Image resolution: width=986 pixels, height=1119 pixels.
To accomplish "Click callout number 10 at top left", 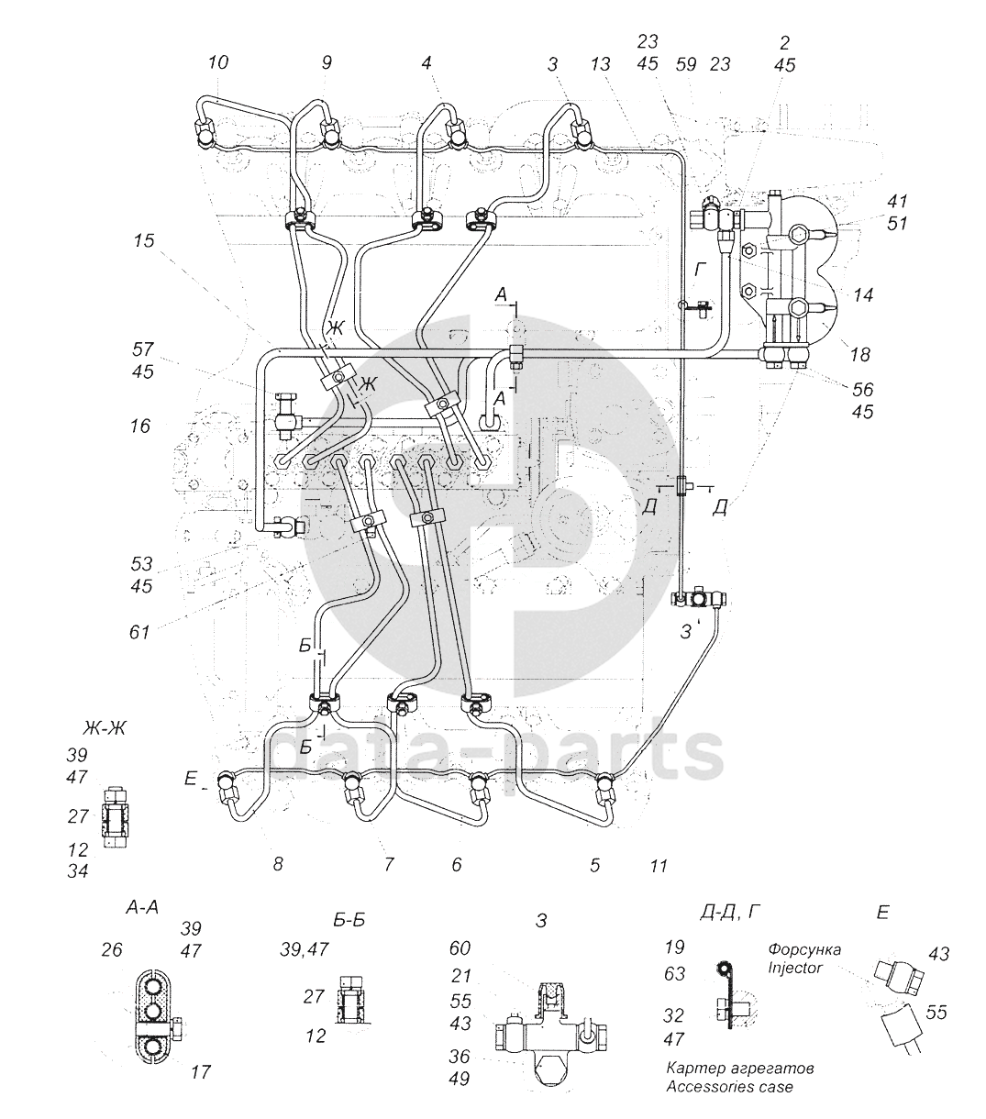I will pyautogui.click(x=217, y=62).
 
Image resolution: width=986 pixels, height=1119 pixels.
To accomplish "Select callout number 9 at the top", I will pyautogui.click(x=327, y=62).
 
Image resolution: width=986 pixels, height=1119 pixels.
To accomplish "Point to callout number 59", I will pyautogui.click(x=686, y=64).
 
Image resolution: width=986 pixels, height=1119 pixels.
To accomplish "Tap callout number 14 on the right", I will pyautogui.click(x=861, y=295).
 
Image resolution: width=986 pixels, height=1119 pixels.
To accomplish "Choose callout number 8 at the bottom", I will pyautogui.click(x=278, y=863).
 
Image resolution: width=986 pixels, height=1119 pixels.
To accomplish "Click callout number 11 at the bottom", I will pyautogui.click(x=658, y=864).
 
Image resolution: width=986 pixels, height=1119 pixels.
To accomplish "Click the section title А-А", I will pyautogui.click(x=142, y=907).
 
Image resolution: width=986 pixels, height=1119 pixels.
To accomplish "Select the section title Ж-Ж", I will pyautogui.click(x=104, y=704).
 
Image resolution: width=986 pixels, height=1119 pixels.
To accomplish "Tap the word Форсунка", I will pyautogui.click(x=804, y=948).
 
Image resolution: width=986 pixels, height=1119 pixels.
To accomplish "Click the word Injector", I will pyautogui.click(x=794, y=967).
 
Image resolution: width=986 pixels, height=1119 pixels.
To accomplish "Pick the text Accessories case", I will pyautogui.click(x=729, y=1087).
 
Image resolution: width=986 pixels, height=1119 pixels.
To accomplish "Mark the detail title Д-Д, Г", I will pyautogui.click(x=731, y=911).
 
